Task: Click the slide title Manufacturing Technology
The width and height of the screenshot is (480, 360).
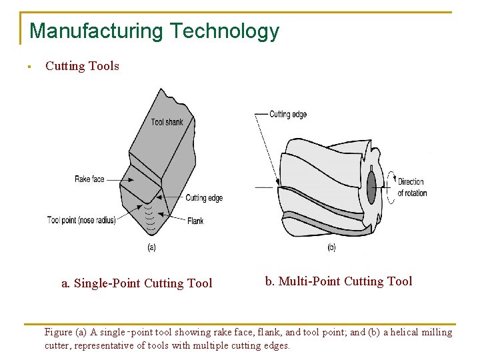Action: click(x=154, y=31)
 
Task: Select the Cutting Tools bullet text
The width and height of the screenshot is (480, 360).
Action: click(x=82, y=66)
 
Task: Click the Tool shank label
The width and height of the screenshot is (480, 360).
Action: click(x=167, y=122)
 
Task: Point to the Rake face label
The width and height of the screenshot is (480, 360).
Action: click(x=89, y=179)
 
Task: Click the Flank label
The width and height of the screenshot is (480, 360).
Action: click(x=195, y=221)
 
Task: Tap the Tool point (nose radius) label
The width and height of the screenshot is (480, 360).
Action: click(x=81, y=220)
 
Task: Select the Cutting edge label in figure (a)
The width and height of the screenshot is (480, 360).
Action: click(x=203, y=198)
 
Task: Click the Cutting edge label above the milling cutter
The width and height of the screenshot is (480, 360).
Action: click(x=288, y=115)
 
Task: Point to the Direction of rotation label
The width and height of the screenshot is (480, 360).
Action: click(x=412, y=187)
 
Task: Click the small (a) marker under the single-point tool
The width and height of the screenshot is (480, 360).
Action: click(x=151, y=248)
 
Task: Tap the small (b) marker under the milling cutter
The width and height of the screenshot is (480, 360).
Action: click(x=331, y=248)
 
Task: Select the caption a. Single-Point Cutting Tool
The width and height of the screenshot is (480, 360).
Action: click(x=137, y=283)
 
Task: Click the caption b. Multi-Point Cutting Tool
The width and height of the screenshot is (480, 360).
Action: click(x=339, y=281)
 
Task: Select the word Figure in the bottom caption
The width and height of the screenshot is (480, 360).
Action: click(x=59, y=332)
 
